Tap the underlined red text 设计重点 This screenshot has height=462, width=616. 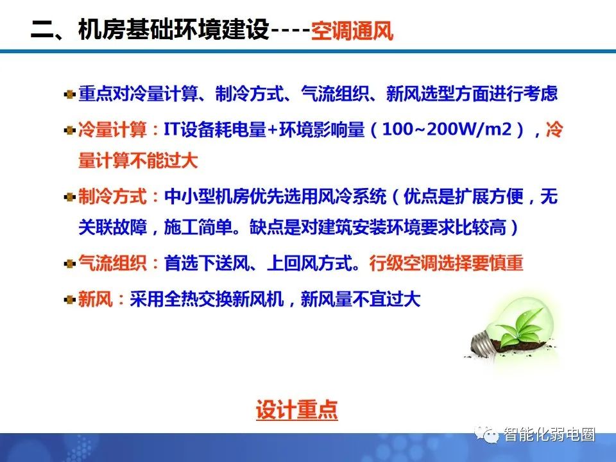tap(296, 409)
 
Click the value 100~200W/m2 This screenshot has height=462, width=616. tap(447, 130)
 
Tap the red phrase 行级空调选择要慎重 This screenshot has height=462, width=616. tap(447, 263)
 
